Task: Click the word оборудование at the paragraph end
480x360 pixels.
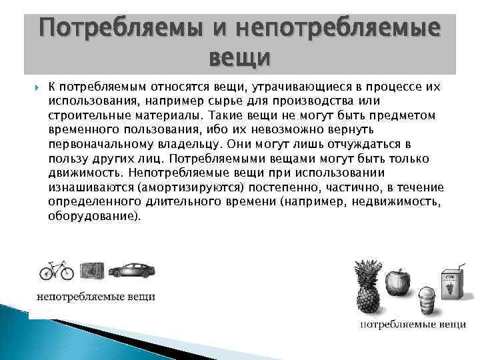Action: coord(94,217)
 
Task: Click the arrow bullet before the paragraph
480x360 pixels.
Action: coord(35,87)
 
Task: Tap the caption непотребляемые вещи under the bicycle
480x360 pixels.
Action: coord(95,296)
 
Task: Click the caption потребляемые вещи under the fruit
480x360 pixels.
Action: coord(413,325)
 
